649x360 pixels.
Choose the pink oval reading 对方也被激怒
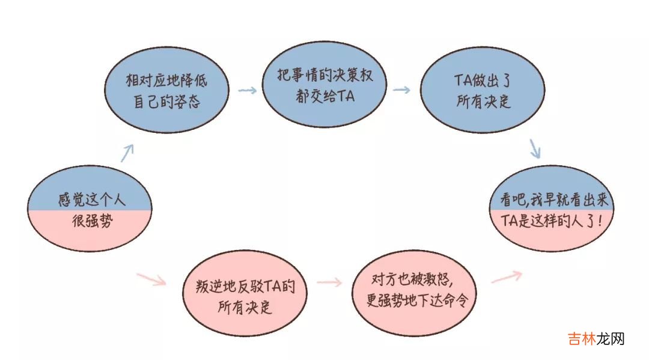click(413, 291)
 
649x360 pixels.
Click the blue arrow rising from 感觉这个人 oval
click(126, 153)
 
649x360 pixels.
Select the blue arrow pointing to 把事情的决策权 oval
click(248, 90)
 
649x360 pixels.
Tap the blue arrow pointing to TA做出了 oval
click(402, 90)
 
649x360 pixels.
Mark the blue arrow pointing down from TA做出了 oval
click(535, 148)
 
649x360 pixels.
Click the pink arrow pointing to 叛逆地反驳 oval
click(151, 279)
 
